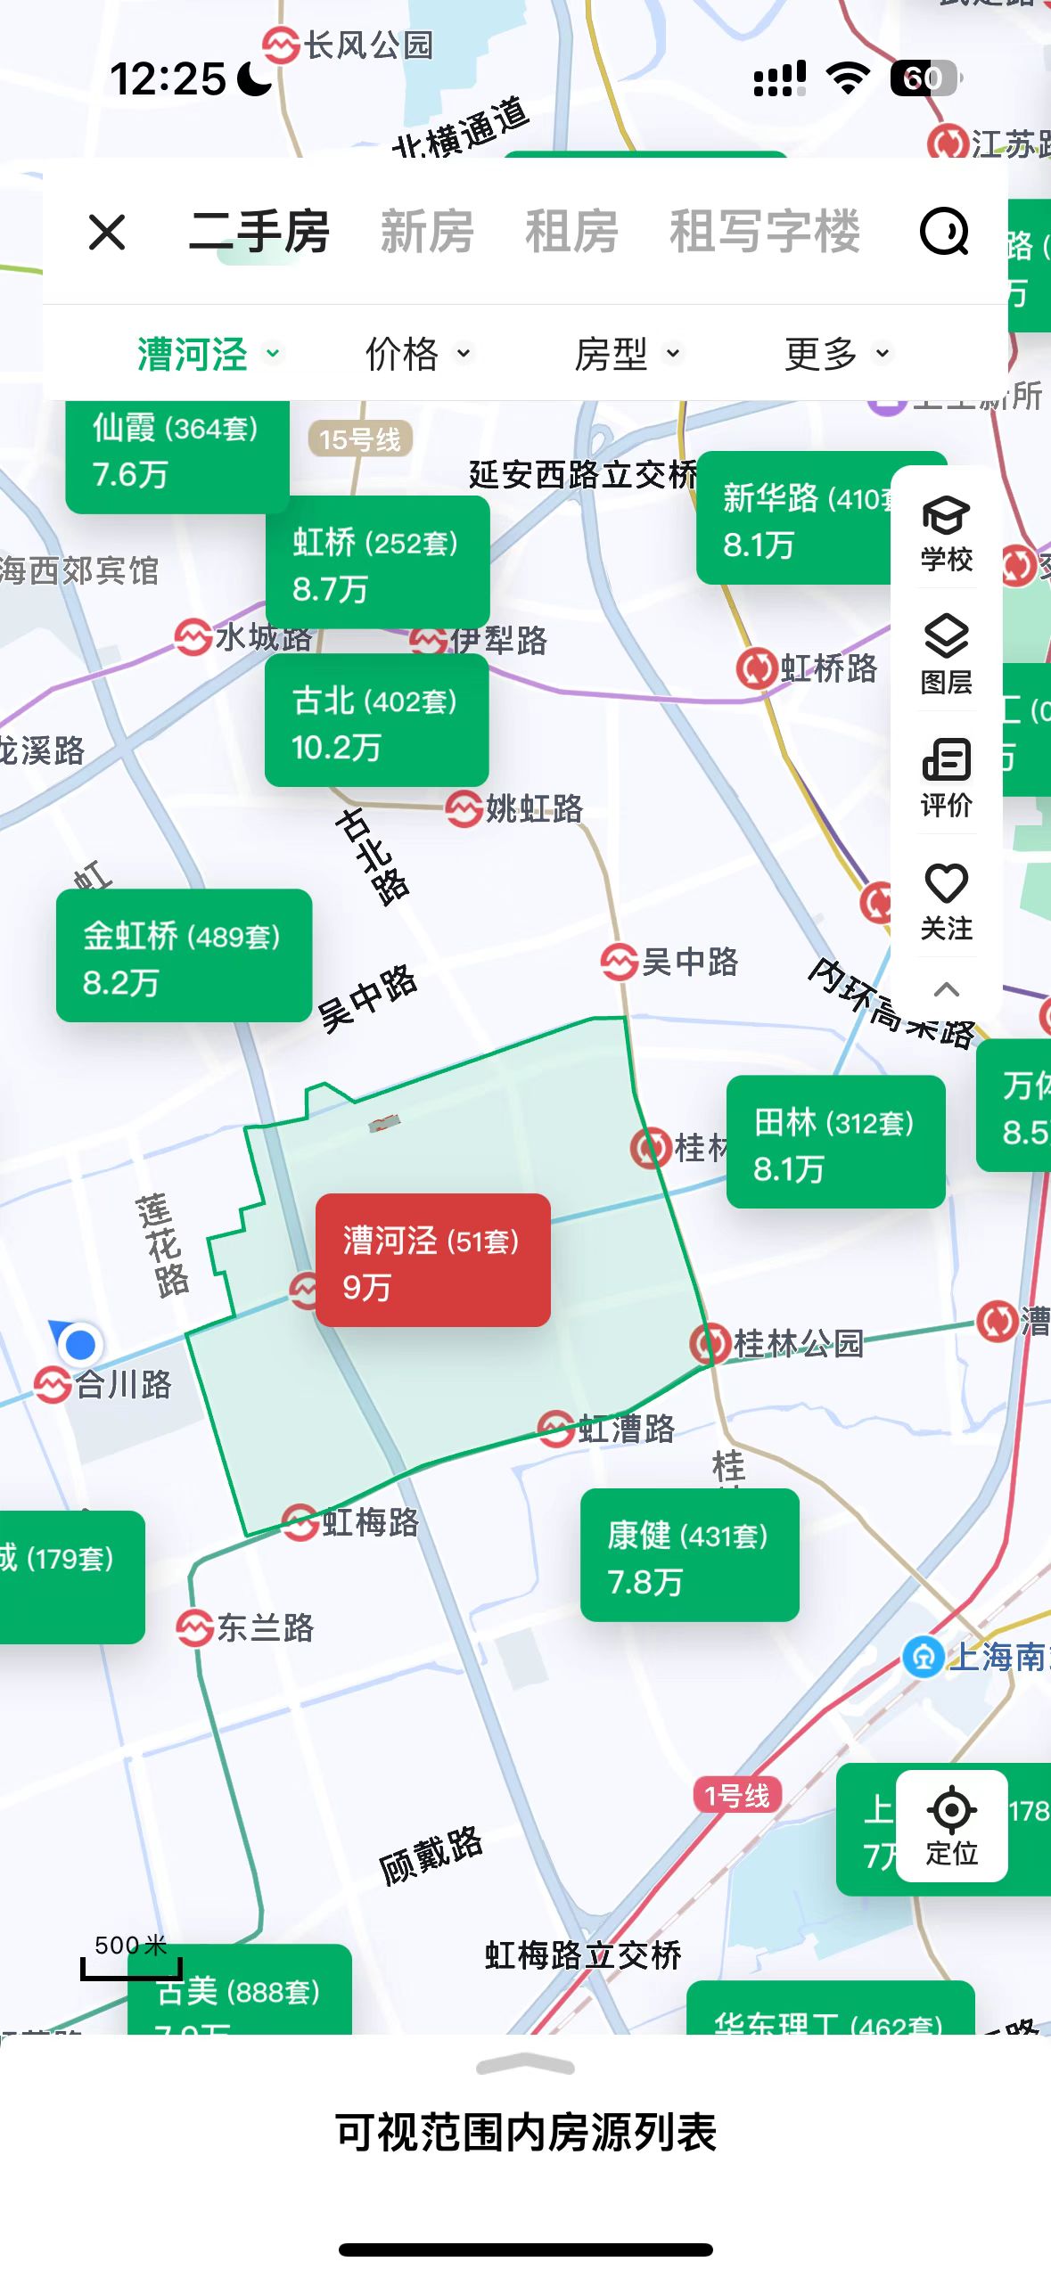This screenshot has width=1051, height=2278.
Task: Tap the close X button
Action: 107,233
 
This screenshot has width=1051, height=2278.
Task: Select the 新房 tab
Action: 427,233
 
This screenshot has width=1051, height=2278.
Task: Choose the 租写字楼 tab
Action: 765,233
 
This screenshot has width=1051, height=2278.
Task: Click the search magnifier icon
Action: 944,233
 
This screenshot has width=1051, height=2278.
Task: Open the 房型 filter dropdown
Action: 627,354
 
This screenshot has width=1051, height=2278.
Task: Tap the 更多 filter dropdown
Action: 836,354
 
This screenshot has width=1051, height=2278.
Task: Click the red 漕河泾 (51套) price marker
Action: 432,1259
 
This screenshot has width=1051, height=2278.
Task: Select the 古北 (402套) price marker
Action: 376,720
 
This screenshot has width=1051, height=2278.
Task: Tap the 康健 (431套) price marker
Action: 689,1554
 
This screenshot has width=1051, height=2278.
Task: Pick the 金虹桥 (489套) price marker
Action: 184,955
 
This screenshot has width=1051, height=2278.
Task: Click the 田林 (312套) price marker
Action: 835,1142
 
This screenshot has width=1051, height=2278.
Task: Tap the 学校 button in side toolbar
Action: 946,533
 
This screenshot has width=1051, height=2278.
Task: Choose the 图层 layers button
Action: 946,655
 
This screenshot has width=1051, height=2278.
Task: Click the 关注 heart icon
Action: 946,901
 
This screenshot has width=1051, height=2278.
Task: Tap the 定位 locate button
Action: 951,1825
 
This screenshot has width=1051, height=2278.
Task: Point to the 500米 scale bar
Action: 131,1958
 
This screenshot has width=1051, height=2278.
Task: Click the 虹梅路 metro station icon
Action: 300,1522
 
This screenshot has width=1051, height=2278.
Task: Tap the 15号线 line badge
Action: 360,438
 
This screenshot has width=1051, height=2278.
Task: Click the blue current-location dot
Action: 80,1344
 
